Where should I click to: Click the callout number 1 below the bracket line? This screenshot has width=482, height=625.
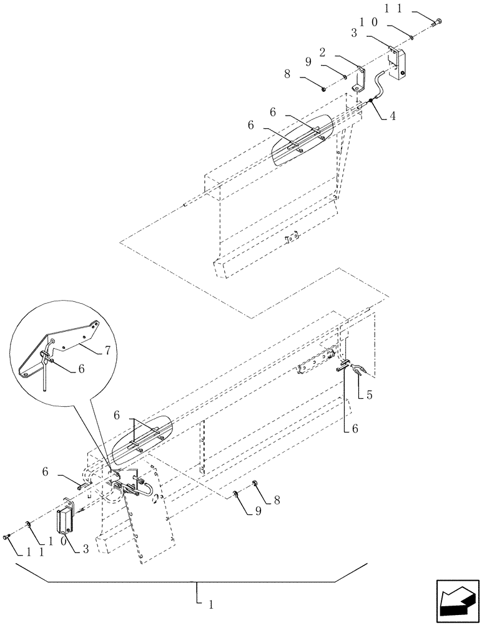[211, 605]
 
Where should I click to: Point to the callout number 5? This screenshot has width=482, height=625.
[370, 395]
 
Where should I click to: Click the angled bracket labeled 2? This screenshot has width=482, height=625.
[359, 79]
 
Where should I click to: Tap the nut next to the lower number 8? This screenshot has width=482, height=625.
[255, 483]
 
